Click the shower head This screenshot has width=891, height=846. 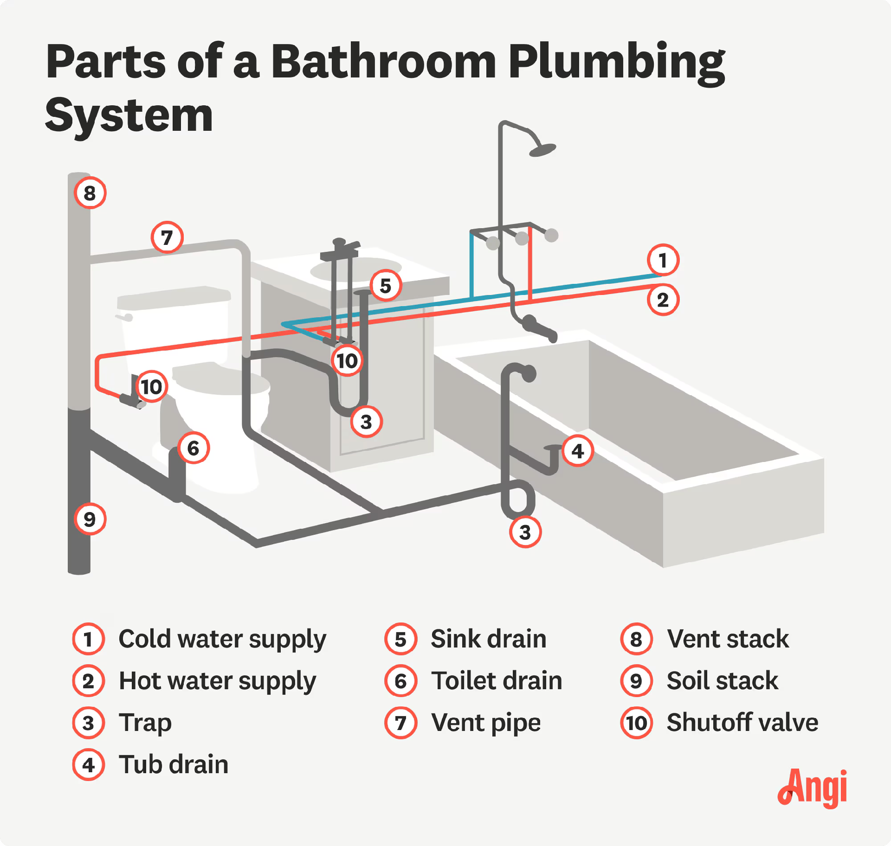point(542,150)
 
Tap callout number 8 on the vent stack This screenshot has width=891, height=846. point(90,193)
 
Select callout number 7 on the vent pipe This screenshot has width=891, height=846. point(167,237)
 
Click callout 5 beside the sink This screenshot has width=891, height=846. point(386,286)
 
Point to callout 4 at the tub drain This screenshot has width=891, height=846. point(577,451)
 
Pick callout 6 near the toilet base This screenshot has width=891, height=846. point(194,448)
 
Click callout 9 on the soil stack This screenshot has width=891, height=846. point(90,519)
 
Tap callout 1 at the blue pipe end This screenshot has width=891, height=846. point(663,260)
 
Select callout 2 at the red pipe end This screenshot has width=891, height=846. point(663,300)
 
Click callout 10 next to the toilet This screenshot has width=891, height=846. point(151,386)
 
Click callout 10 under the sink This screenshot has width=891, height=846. point(347,361)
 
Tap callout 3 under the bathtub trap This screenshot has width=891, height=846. point(525,532)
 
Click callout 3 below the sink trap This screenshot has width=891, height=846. point(366,422)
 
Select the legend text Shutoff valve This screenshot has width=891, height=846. point(742,723)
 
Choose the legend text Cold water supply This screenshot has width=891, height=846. point(222,639)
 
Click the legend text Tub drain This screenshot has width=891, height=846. point(174,764)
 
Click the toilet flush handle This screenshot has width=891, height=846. point(124,317)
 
